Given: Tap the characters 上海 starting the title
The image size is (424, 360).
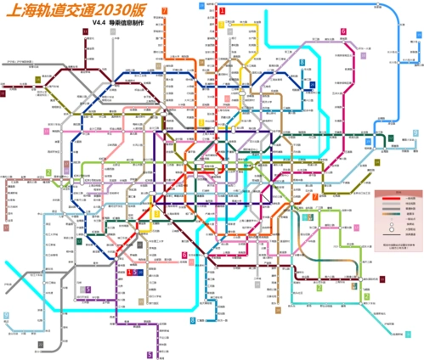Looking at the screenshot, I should (20, 14).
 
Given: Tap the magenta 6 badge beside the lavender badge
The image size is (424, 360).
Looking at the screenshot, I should (343, 31).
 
